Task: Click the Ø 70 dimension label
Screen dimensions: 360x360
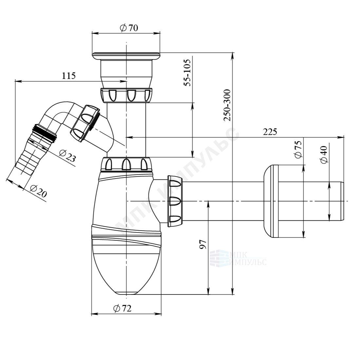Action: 129,28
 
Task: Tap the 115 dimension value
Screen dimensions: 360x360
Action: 69,76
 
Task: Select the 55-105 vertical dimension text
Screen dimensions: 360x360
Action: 188,72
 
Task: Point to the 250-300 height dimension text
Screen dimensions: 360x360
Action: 227,105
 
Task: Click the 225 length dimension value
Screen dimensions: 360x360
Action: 270,132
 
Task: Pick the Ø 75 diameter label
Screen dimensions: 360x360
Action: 298,149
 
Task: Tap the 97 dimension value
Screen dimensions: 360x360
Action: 203,244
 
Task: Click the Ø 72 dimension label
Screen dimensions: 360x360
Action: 123,308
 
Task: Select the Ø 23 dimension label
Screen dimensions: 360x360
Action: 67,156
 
